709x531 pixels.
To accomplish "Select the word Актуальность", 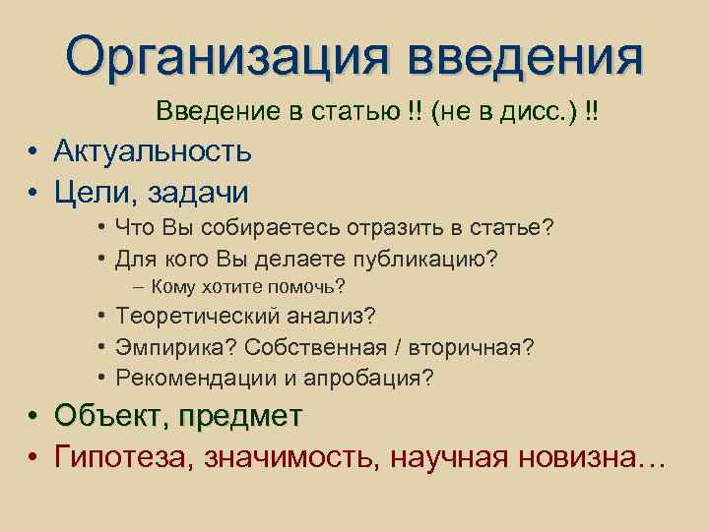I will point(153,150).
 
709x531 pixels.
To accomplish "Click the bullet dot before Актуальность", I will point(33,151).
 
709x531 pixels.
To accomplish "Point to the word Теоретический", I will point(196,317).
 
